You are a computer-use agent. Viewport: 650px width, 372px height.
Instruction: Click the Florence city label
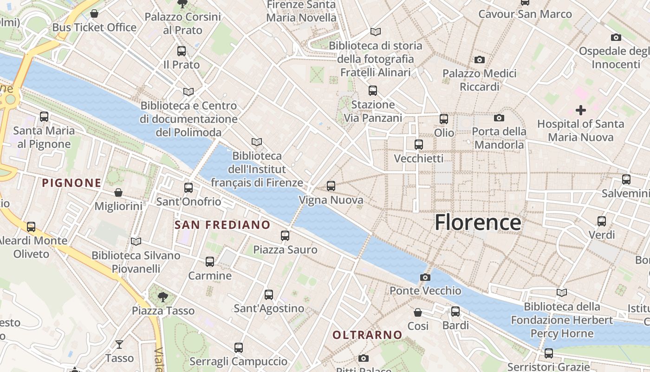[478, 223]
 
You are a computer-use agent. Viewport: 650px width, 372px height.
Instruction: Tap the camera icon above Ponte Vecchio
[425, 278]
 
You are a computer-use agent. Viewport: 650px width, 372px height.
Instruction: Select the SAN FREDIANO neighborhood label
[222, 225]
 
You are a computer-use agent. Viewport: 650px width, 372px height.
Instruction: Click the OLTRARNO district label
[367, 335]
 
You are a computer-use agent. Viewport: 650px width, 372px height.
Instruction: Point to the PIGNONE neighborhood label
[71, 183]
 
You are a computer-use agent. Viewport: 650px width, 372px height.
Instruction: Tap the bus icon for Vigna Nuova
[331, 186]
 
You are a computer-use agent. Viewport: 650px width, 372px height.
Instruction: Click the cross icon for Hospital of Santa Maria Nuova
[580, 110]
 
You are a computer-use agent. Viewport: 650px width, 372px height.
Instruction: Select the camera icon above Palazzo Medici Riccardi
[479, 60]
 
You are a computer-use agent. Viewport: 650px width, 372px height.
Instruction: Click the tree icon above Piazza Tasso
[162, 296]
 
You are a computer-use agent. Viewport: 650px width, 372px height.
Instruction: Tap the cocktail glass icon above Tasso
[119, 344]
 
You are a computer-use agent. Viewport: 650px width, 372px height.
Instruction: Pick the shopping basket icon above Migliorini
[118, 192]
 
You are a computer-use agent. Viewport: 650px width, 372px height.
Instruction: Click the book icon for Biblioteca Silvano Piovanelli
[136, 241]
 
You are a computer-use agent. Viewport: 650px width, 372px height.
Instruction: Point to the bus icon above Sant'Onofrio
[188, 188]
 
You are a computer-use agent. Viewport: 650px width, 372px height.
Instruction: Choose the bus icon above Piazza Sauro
[285, 236]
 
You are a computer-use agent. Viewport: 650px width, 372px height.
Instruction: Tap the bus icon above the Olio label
[444, 119]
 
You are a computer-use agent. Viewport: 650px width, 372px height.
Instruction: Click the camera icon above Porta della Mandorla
[499, 118]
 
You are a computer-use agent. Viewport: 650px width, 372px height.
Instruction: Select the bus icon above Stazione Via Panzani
[372, 91]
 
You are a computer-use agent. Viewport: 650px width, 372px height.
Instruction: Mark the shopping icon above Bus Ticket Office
[94, 13]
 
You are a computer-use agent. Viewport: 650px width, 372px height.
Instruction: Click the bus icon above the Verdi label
[602, 221]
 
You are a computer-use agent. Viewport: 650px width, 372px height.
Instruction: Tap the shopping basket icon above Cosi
[418, 312]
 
